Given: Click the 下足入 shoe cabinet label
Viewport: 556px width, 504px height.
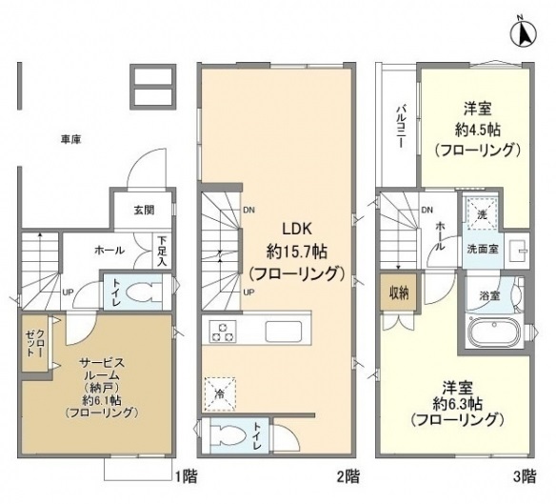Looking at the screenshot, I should click(x=163, y=250).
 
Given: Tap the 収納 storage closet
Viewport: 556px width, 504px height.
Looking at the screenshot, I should click(x=397, y=292).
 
